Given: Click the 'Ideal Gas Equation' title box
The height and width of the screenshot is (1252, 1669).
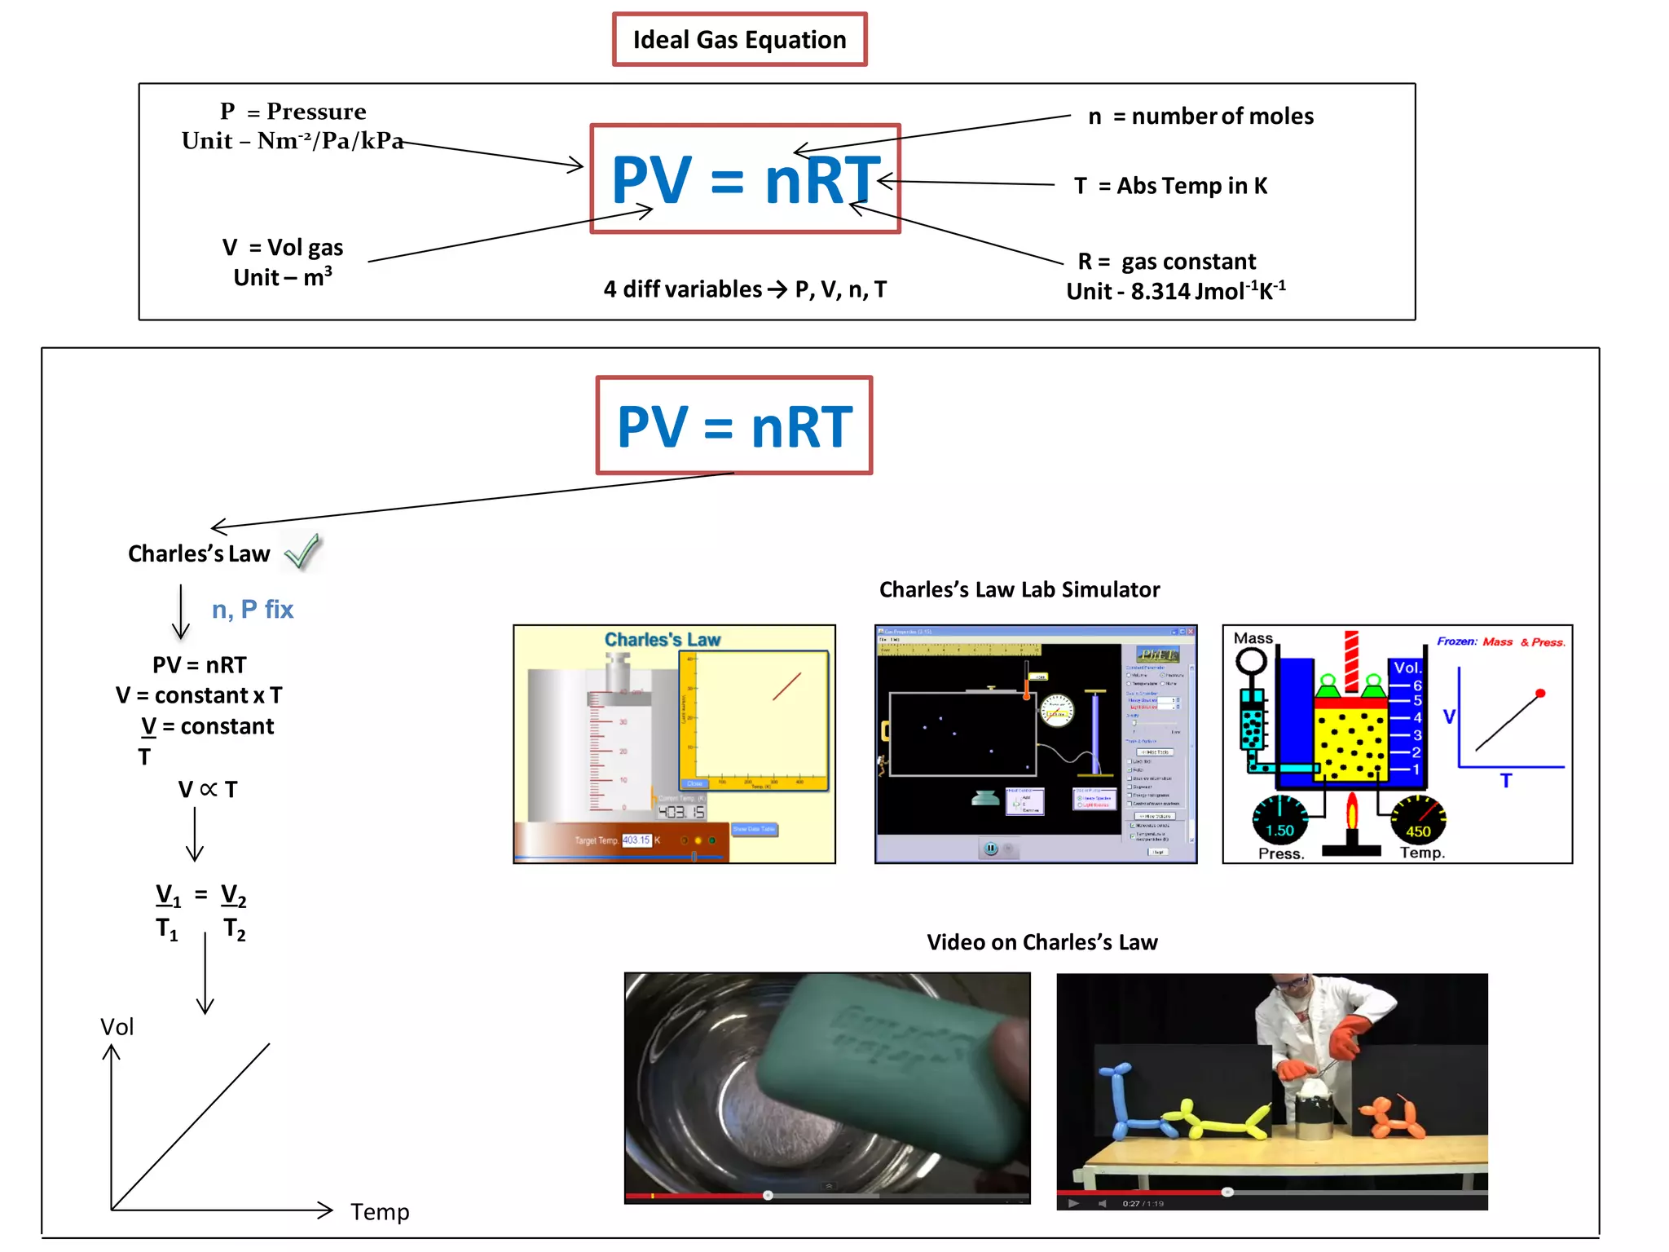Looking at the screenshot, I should (739, 39).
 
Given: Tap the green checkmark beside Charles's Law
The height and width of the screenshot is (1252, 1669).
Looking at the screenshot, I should (302, 552).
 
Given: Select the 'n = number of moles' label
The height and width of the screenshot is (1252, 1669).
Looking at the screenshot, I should (1200, 117).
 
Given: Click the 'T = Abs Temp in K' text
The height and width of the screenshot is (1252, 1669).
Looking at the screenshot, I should (1170, 186).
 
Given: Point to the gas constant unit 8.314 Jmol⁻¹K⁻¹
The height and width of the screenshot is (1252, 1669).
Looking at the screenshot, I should (1176, 291).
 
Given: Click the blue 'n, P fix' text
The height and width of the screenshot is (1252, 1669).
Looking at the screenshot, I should (253, 609).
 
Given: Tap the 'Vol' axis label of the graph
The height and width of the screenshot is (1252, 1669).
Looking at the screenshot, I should (117, 1027).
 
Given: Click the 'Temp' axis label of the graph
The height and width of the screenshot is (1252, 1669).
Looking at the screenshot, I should (380, 1211).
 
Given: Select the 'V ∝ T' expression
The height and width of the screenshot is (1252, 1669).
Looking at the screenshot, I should (208, 789).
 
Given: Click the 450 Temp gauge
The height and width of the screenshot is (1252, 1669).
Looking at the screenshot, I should (1418, 819).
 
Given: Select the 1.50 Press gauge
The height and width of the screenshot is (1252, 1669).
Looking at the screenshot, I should (1279, 819).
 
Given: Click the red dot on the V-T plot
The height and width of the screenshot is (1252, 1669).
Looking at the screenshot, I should (1539, 694).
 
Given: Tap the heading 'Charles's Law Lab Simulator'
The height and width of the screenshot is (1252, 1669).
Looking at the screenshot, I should (1019, 589).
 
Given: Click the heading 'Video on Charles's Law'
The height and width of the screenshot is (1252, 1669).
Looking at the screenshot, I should (1041, 942).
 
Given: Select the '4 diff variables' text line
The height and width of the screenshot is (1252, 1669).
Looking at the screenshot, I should (745, 289).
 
